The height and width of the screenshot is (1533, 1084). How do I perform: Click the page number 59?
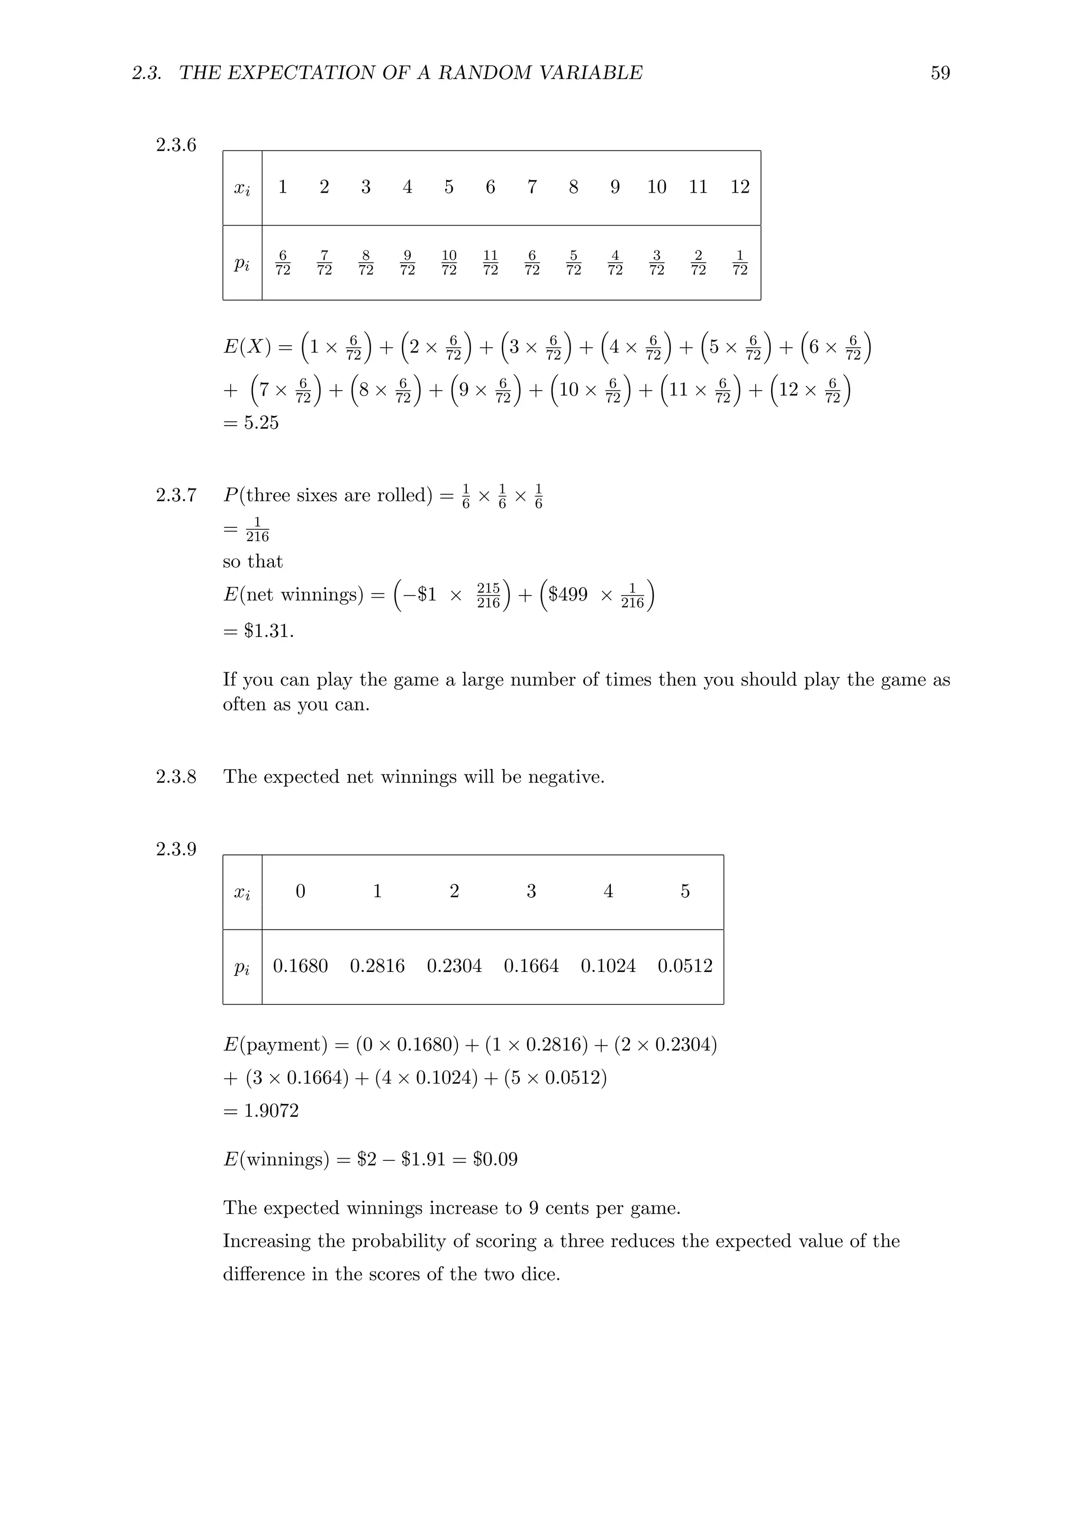coord(940,73)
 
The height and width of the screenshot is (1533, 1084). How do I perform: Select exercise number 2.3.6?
coord(176,145)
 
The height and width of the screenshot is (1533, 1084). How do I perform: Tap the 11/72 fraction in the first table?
coord(491,263)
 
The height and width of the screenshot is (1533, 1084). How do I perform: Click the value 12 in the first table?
coord(739,187)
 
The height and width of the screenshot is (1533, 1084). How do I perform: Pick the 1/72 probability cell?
coord(739,263)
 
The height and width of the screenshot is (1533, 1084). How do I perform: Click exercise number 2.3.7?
coord(176,495)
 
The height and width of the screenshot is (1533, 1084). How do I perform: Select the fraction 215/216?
coord(489,596)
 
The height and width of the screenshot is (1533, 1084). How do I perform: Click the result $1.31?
coord(268,630)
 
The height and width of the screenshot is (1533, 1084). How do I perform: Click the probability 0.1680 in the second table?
coord(300,966)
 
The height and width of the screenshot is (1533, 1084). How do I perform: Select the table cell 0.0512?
coord(685,966)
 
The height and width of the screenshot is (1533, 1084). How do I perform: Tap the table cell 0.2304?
coord(454,966)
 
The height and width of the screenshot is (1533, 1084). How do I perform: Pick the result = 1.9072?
coord(261,1111)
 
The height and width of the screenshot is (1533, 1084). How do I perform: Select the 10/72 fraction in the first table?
coord(449,263)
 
